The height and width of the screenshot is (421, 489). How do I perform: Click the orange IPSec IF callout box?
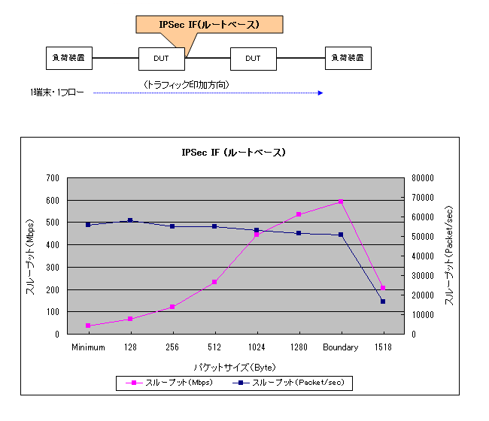click(209, 24)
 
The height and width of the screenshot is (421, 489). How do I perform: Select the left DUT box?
click(162, 58)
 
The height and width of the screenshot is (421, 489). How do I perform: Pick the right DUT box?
click(253, 58)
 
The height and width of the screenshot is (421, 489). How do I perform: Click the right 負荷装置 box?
click(348, 58)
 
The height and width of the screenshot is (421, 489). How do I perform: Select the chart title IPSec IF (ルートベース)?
click(233, 153)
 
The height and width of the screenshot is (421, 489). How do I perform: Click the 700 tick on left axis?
click(52, 178)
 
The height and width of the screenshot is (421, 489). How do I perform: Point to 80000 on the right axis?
click(421, 178)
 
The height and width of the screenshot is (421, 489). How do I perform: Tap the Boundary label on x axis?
click(341, 347)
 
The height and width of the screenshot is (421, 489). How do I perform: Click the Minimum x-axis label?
click(88, 347)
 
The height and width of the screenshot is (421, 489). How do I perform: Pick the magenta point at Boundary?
click(341, 201)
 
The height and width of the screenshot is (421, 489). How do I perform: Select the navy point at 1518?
click(383, 301)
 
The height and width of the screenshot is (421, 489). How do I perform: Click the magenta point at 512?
click(214, 282)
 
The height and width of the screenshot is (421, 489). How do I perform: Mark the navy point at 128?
click(130, 220)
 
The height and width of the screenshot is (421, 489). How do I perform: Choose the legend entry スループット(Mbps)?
click(169, 383)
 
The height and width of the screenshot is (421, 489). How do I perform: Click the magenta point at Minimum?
click(88, 326)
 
